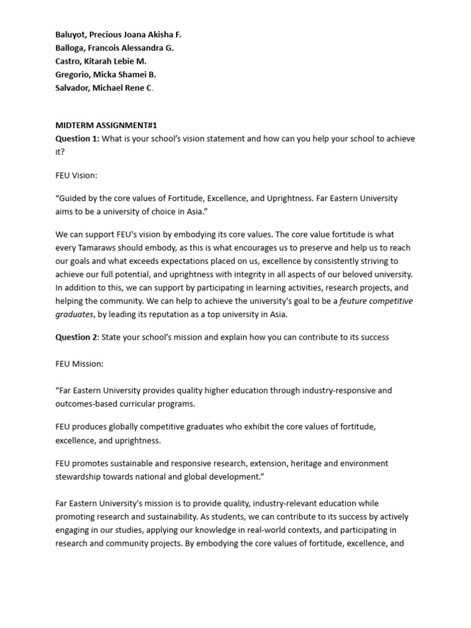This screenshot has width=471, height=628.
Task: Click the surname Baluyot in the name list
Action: point(71,34)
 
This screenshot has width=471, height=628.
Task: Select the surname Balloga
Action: point(70,48)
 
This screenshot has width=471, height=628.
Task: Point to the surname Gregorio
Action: point(73,75)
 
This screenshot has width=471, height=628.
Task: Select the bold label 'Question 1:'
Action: point(77,139)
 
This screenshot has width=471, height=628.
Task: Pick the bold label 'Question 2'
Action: point(77,337)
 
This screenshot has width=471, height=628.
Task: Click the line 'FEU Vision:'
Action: point(77,175)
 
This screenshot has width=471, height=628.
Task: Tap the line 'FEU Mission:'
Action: point(80,364)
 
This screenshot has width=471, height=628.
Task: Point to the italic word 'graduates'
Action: point(74,315)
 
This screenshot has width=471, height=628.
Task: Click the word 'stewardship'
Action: point(79,477)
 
